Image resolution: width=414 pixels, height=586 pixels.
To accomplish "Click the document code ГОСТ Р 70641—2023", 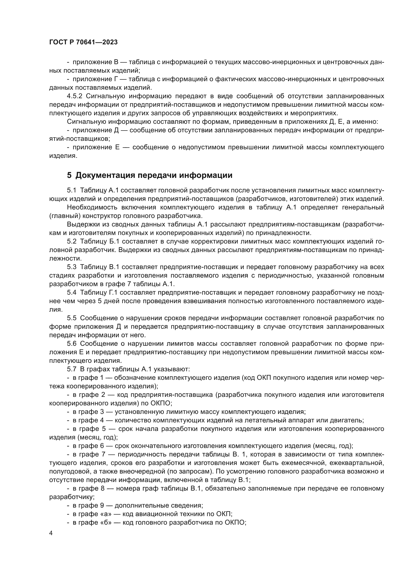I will click(83, 42).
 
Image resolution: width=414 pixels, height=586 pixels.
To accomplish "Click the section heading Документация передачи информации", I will click(154, 175).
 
